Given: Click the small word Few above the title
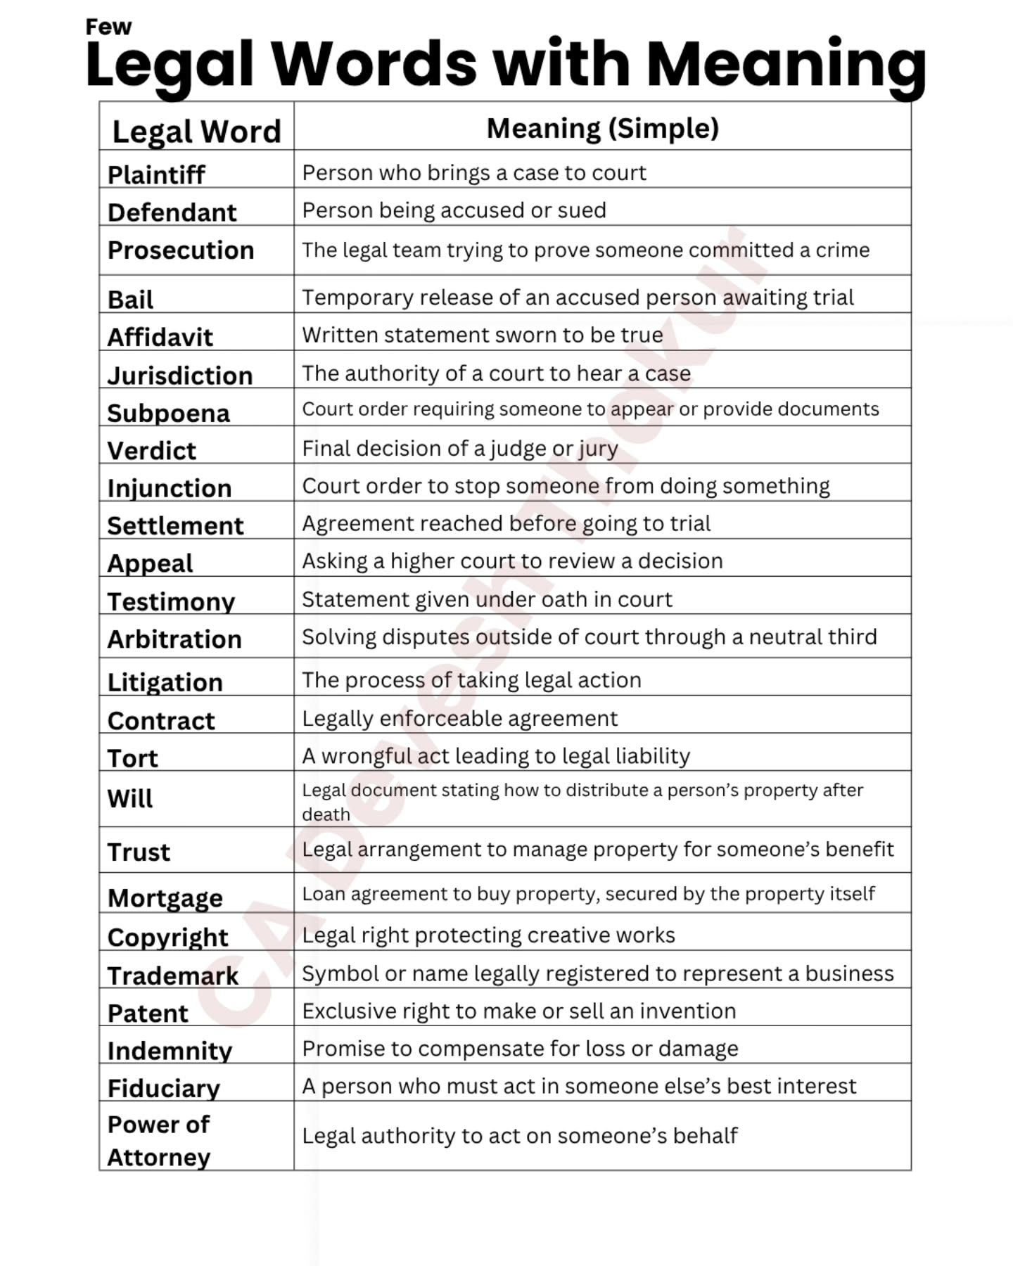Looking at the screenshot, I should tap(108, 27).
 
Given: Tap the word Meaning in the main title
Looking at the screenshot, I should tap(785, 65).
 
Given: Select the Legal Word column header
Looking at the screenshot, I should tap(196, 131).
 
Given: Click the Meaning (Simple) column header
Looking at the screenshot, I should tap(602, 128).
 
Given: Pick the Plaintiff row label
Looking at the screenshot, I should tap(156, 174).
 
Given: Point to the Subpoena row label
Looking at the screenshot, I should tap(168, 413).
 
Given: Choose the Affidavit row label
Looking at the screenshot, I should tap(160, 337).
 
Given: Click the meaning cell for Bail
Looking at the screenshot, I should tap(578, 298).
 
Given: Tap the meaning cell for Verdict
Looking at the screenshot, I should tap(460, 448).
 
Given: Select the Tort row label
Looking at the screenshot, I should tap(132, 757).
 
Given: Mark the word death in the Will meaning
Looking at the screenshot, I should tap(326, 814).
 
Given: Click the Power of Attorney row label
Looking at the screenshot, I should tap(158, 1140).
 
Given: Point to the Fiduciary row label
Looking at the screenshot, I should tap(163, 1088).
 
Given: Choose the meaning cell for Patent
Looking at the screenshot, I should tap(518, 1011).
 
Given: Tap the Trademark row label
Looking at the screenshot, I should tap(172, 976).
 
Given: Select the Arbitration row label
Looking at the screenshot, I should tap(174, 639).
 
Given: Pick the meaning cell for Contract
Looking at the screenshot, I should tap(459, 718).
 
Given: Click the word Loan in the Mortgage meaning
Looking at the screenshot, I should tap(323, 893).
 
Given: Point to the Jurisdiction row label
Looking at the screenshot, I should tap(179, 375).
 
